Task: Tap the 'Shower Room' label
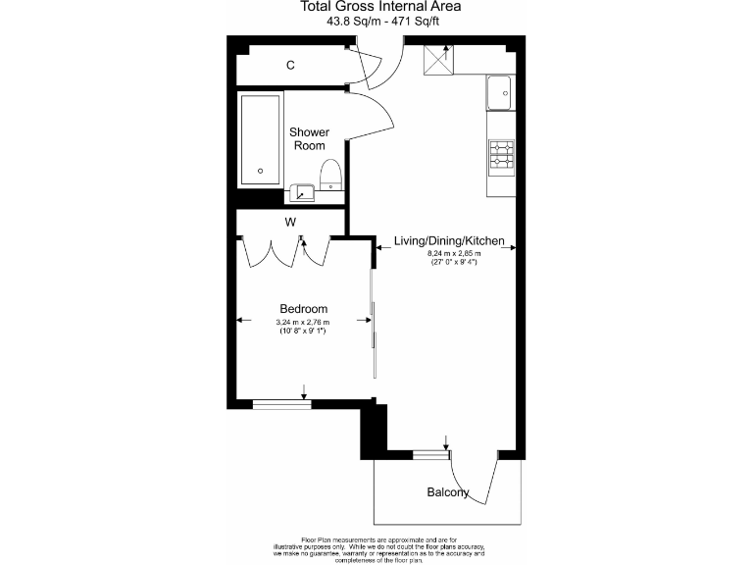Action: click(309, 138)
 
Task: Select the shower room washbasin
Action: click(303, 190)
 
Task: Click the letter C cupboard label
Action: click(290, 66)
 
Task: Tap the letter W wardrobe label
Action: click(290, 223)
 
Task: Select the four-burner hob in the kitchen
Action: click(500, 154)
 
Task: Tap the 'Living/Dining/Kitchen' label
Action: click(449, 240)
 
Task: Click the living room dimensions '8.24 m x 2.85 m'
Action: click(450, 257)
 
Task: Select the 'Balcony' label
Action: click(447, 492)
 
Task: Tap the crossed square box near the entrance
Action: click(436, 62)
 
